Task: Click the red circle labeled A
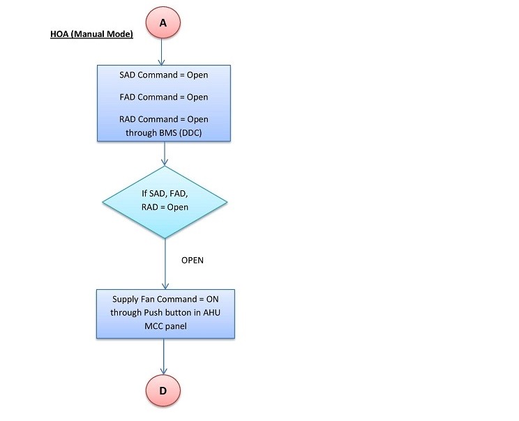pyautogui.click(x=163, y=22)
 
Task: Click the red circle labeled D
pyautogui.click(x=163, y=390)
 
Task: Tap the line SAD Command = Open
pyautogui.click(x=164, y=75)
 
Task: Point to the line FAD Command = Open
pyautogui.click(x=164, y=97)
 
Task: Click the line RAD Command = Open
pyautogui.click(x=164, y=119)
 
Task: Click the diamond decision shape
pyautogui.click(x=164, y=201)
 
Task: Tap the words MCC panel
pyautogui.click(x=164, y=326)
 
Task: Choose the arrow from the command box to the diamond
pyautogui.click(x=164, y=153)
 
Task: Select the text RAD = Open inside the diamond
pyautogui.click(x=164, y=208)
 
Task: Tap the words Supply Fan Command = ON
pyautogui.click(x=164, y=299)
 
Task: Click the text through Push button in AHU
pyautogui.click(x=164, y=312)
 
